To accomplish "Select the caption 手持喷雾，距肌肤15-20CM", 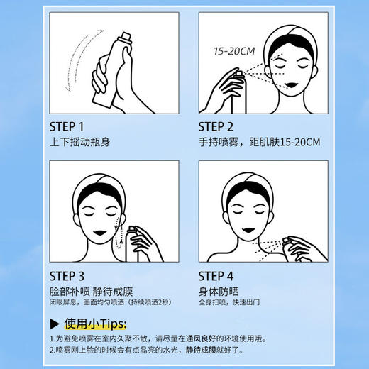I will pyautogui.click(x=259, y=142).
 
